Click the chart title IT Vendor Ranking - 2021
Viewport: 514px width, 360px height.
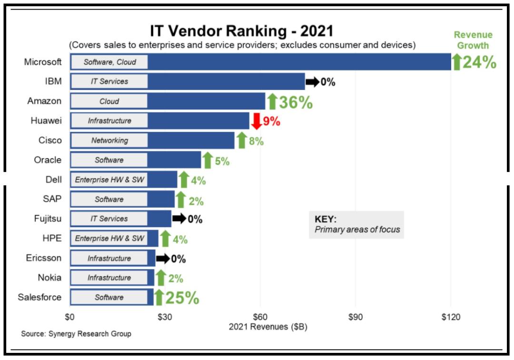click(242, 31)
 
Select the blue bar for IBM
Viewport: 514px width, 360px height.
click(226, 81)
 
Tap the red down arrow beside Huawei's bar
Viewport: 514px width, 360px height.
click(256, 121)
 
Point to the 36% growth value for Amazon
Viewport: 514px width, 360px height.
click(296, 102)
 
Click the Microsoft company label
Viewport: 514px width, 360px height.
click(43, 62)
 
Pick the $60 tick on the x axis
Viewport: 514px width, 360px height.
click(260, 317)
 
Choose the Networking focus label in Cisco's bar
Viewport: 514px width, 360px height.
click(109, 140)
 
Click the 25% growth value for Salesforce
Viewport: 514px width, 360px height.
click(182, 298)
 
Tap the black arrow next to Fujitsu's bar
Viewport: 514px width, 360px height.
click(179, 219)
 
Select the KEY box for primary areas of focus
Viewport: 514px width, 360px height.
click(356, 225)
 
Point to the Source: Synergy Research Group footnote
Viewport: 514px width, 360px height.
click(76, 334)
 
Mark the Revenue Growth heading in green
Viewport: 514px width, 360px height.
click(473, 40)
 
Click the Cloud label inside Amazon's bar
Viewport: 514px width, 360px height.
click(109, 101)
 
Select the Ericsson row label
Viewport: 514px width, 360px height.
click(44, 258)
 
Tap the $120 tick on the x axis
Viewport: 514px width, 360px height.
click(450, 317)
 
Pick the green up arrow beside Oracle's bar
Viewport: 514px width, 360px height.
click(207, 160)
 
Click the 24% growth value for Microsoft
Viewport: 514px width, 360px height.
click(479, 62)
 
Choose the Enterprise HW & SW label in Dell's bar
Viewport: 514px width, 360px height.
click(109, 180)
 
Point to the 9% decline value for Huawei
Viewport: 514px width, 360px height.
click(271, 121)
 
